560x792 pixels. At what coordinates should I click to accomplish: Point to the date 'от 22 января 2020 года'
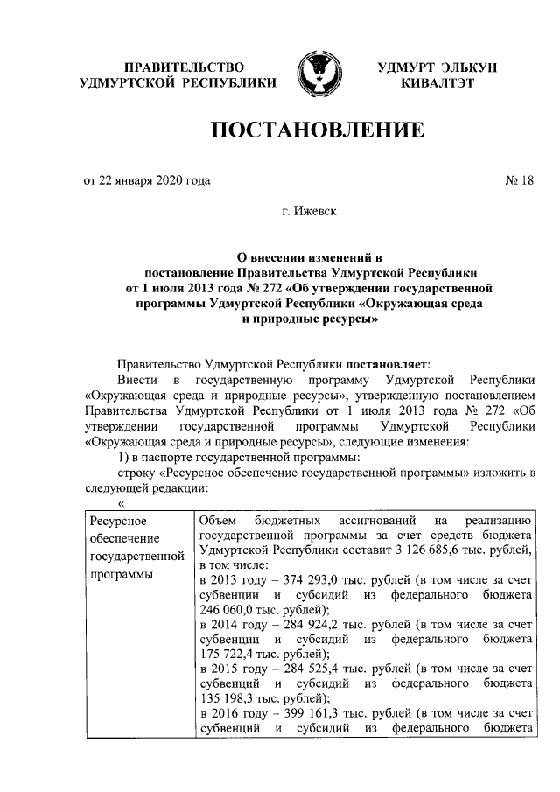[x=146, y=181]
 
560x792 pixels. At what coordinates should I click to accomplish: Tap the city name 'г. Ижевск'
[x=312, y=211]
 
